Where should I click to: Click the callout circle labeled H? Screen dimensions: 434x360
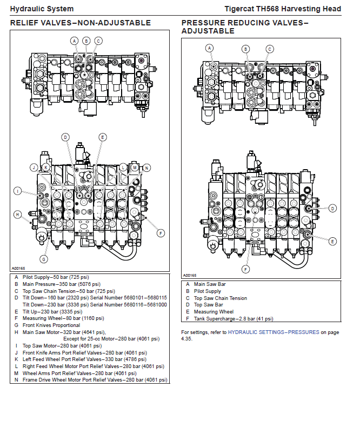pyautogui.click(x=17, y=215)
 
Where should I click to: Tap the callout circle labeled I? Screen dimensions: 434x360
pyautogui.click(x=17, y=191)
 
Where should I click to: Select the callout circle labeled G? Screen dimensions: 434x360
pyautogui.click(x=44, y=259)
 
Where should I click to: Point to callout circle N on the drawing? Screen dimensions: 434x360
pyautogui.click(x=146, y=168)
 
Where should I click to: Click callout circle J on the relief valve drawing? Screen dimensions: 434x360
pyautogui.click(x=34, y=168)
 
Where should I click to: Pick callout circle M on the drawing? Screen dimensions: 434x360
pyautogui.click(x=135, y=168)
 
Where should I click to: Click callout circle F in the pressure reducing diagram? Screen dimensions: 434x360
pyautogui.click(x=246, y=269)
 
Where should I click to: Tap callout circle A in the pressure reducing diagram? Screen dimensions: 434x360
pyautogui.click(x=209, y=48)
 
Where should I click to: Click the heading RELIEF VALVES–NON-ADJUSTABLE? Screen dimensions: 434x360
pyautogui.click(x=81, y=23)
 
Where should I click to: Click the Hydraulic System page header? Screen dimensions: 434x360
pyautogui.click(x=42, y=9)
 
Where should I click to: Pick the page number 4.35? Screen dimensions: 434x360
pyautogui.click(x=186, y=339)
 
